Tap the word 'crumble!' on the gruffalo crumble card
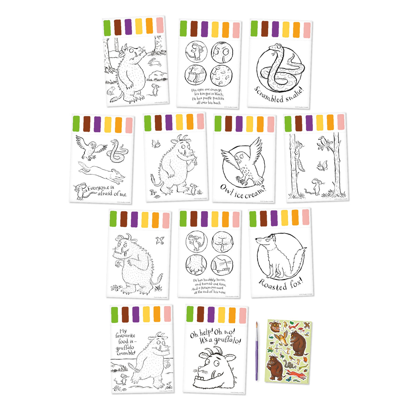(x=126, y=353)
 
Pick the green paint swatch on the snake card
(x=254, y=28)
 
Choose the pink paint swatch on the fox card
(x=305, y=217)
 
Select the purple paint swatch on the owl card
(x=239, y=124)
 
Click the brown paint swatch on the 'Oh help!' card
(x=200, y=314)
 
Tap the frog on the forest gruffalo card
(x=111, y=90)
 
